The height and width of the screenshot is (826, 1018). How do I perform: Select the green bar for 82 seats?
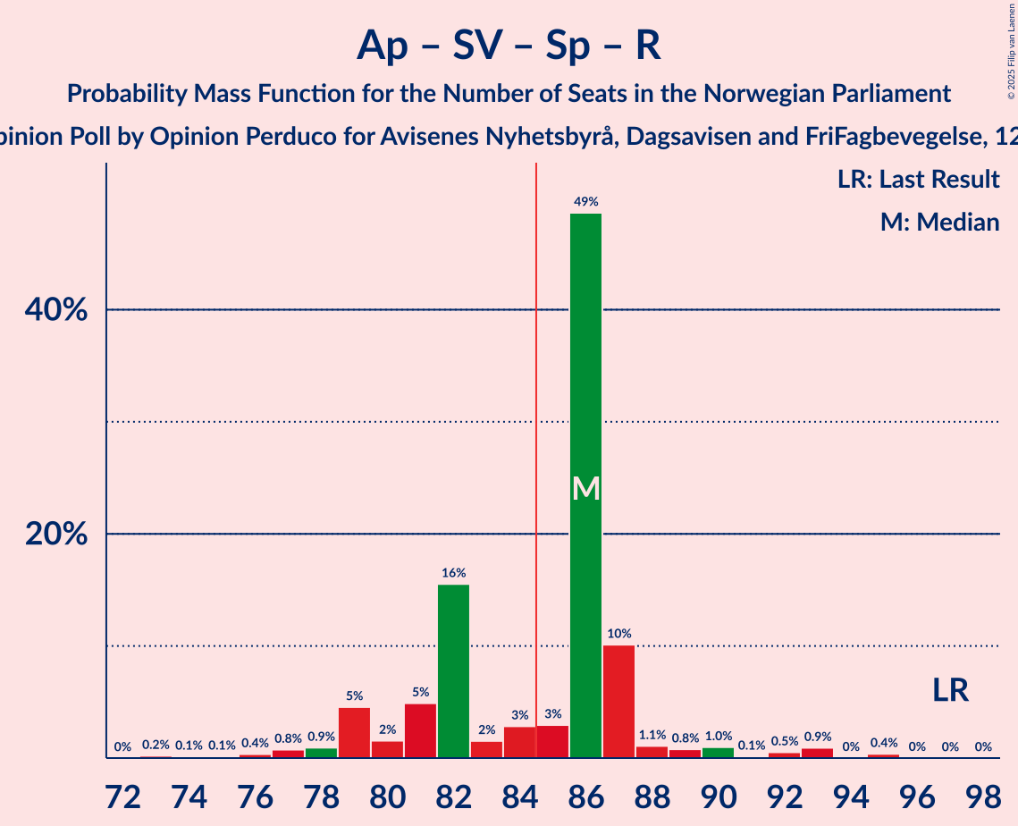point(453,670)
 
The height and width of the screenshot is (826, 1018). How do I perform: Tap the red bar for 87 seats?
point(618,701)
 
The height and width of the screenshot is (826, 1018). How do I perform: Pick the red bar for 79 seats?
point(354,732)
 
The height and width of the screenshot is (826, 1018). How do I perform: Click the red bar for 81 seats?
point(420,730)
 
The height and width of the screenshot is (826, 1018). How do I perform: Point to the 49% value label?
point(585,202)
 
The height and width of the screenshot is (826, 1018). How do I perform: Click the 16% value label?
point(453,573)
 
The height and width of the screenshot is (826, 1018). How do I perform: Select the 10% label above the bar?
point(618,634)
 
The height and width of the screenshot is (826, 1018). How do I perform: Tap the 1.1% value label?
point(652,736)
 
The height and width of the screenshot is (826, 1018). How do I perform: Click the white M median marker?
point(585,488)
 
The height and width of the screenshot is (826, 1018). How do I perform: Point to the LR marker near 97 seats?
point(950,690)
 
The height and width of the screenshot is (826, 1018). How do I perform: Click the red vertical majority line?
point(536,447)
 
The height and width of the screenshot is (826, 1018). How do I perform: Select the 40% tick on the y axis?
point(62,310)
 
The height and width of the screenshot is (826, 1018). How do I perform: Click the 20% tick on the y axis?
point(62,534)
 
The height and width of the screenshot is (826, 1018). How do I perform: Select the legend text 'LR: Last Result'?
point(918,180)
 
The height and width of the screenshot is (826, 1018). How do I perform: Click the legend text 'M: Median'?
point(939,222)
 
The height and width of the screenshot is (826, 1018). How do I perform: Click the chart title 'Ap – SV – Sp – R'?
point(509,45)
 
